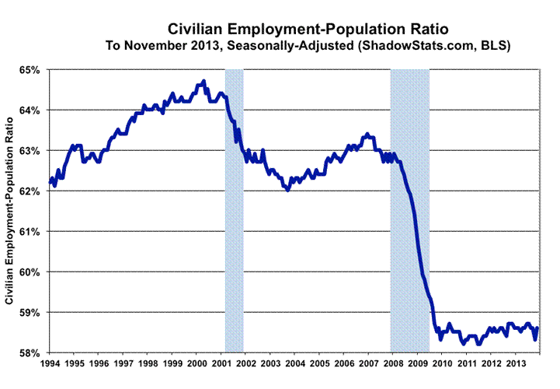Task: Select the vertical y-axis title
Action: click(x=10, y=211)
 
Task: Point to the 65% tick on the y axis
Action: click(x=30, y=70)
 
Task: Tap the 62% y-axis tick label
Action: click(x=30, y=191)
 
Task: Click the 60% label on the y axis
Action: click(x=30, y=272)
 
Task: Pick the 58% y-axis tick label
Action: click(x=30, y=352)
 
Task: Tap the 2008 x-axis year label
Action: click(x=391, y=363)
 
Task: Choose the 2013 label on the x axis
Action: click(x=513, y=363)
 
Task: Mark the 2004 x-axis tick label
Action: click(x=294, y=363)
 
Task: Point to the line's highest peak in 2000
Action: click(x=203, y=80)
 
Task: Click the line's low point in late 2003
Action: click(x=288, y=189)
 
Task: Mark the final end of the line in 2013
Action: click(x=537, y=328)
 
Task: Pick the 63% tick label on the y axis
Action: click(x=30, y=151)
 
